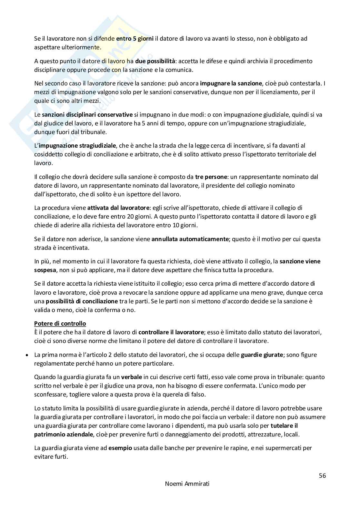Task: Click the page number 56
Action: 322,475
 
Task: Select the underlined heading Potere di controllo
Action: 60,323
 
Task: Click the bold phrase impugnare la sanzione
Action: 231,83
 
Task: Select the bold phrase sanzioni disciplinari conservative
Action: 87,114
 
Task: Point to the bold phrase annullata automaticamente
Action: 190,239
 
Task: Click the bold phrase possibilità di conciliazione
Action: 82,301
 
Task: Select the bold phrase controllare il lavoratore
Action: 171,332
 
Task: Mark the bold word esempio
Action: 120,448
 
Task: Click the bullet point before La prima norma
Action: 27,355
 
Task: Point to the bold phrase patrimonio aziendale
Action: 64,434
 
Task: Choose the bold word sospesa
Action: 45,270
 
